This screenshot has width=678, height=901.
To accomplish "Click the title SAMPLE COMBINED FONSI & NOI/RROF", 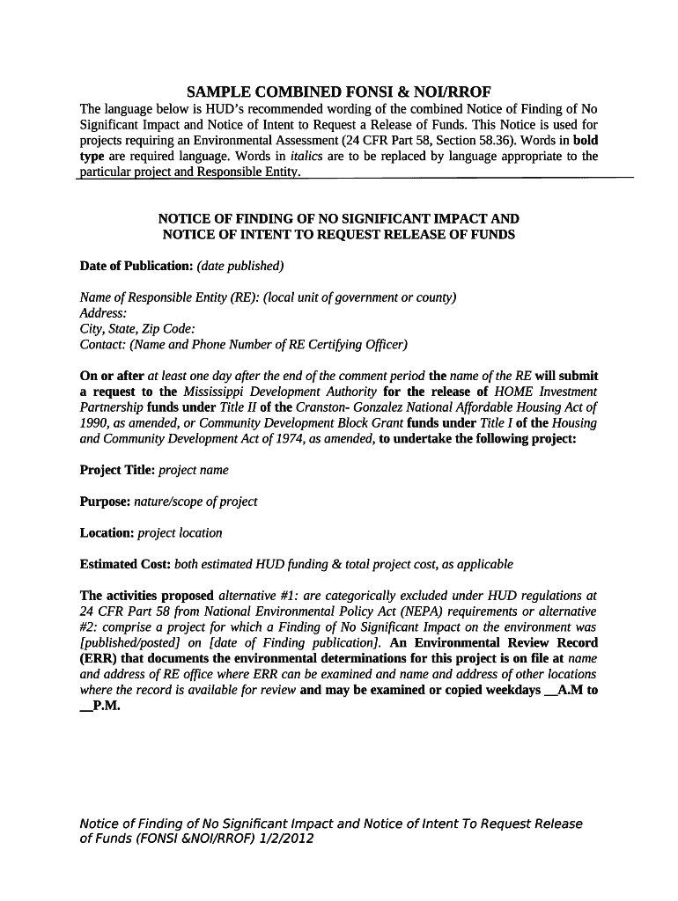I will point(339,92).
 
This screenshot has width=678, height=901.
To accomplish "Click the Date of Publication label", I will point(136,266).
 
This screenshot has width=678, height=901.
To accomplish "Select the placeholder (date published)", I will point(240,266).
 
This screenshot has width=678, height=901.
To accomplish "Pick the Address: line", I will point(103,313).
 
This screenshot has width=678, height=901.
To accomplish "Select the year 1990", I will point(94,423).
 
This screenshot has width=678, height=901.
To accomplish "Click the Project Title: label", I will point(117,470).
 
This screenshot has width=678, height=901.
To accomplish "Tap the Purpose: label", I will point(105,502).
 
